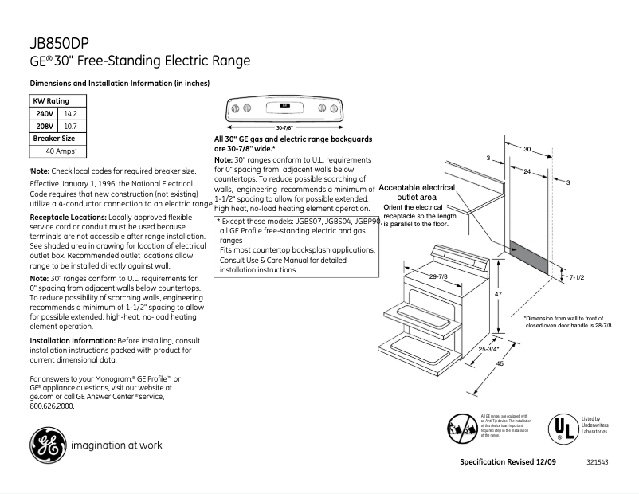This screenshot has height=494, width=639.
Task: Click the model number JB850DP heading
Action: [63, 45]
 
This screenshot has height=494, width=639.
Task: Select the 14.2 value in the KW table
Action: [69, 114]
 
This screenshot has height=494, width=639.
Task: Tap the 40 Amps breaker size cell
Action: [60, 151]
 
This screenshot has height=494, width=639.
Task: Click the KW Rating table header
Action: [50, 101]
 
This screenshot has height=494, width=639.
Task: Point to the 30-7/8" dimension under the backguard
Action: [284, 127]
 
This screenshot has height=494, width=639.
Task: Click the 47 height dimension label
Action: [498, 295]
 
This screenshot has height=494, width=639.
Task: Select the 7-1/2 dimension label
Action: [577, 276]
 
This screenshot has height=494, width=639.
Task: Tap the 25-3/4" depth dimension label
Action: [488, 349]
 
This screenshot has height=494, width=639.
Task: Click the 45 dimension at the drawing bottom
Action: [500, 364]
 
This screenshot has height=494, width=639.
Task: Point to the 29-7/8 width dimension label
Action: [438, 276]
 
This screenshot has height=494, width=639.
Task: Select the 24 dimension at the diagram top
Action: [527, 171]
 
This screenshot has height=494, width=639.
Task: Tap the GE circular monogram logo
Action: [48, 445]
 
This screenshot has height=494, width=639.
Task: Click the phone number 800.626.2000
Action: [52, 406]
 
